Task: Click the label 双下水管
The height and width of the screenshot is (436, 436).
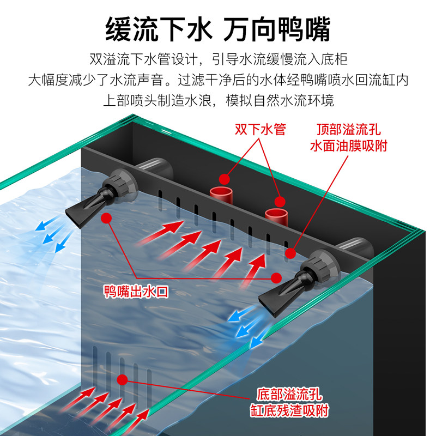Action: point(260,130)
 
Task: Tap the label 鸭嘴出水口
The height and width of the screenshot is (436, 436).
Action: point(136,292)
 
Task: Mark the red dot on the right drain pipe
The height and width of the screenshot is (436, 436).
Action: point(280,202)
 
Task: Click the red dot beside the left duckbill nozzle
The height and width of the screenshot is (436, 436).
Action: point(107,217)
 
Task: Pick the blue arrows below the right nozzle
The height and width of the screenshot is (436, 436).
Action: point(248,324)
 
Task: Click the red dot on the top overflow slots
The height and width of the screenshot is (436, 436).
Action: point(290,253)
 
